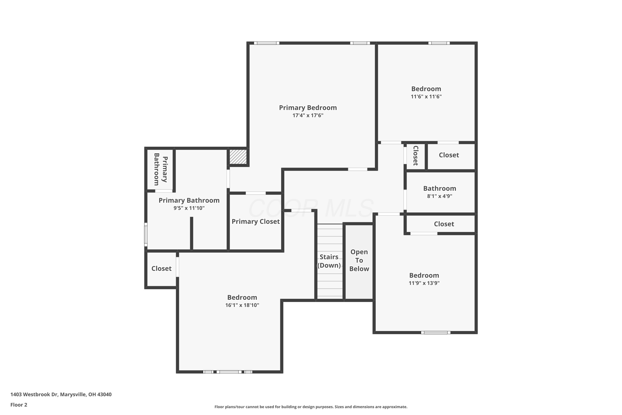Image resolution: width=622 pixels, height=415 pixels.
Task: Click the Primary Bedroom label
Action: click(x=308, y=108)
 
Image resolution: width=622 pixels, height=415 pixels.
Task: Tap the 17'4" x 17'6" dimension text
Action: click(x=308, y=115)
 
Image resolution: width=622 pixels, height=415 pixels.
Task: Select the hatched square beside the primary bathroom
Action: click(x=238, y=157)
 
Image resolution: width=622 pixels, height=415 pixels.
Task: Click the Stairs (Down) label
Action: click(x=329, y=261)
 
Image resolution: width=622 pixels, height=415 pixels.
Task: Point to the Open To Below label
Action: click(x=359, y=260)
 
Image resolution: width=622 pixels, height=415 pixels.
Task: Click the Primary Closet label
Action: click(x=256, y=222)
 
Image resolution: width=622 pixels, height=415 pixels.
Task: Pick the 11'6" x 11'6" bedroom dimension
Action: click(x=426, y=97)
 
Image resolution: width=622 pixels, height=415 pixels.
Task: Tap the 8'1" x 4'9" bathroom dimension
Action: click(x=440, y=196)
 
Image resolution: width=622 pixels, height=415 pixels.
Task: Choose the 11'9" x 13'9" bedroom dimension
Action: click(x=424, y=283)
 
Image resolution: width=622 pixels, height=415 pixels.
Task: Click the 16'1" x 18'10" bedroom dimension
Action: click(x=242, y=305)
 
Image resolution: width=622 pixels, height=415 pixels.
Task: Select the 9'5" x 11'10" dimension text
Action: click(x=189, y=208)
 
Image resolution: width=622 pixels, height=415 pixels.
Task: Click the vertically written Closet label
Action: click(x=415, y=156)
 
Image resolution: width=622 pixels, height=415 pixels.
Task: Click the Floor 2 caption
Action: click(x=19, y=405)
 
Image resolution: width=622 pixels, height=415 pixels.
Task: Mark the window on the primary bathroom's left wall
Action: click(x=146, y=234)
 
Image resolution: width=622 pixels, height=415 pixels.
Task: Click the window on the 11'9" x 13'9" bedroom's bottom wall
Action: click(x=436, y=332)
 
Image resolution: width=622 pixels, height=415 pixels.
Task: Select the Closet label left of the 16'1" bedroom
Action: click(x=161, y=269)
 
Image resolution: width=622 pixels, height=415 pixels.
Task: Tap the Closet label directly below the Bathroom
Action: click(x=444, y=224)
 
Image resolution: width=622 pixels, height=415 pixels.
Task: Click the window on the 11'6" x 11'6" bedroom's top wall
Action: click(x=439, y=43)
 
